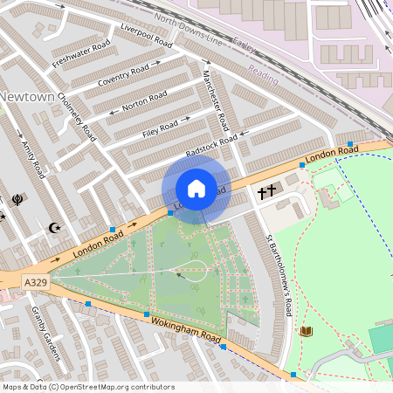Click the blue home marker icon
pyautogui.click(x=196, y=189)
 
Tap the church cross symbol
pyautogui.click(x=265, y=190)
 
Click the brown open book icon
pyautogui.click(x=306, y=331)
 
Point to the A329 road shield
pyautogui.click(x=35, y=282)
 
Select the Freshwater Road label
pyautogui.click(x=81, y=53)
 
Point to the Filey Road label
pyautogui.click(x=159, y=131)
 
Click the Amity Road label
pyautogui.click(x=32, y=157)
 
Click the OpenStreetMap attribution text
pyautogui.click(x=88, y=386)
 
